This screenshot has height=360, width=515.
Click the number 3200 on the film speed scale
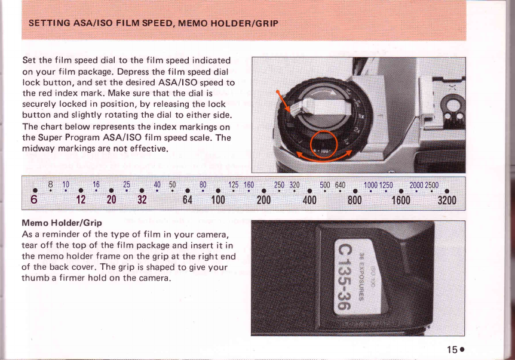click(x=447, y=200)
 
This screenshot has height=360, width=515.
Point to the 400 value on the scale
click(x=309, y=200)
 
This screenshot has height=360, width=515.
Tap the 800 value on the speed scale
click(x=354, y=200)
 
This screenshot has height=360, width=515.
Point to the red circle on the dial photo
click(x=324, y=144)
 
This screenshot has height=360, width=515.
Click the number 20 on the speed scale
click(x=111, y=200)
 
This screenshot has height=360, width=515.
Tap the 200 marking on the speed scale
click(x=263, y=200)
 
